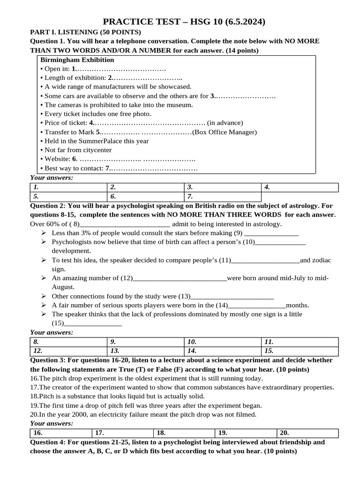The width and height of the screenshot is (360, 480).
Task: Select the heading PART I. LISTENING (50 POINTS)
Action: point(85,32)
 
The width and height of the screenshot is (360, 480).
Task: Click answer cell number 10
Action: point(222,342)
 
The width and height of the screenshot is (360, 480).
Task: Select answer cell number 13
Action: point(146,351)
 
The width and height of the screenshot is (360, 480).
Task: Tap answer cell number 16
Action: point(61,433)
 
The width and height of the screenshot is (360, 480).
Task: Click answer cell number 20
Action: point(307,433)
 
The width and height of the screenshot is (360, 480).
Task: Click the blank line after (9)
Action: point(271,233)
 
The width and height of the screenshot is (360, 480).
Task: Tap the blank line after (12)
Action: point(180,278)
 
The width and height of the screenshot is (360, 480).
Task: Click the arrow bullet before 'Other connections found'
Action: point(43,296)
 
